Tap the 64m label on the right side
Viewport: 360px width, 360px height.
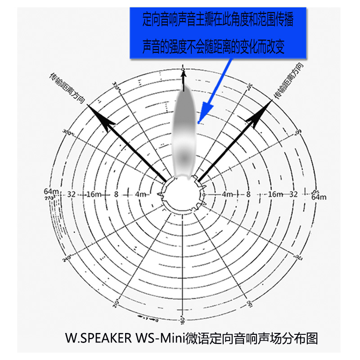(x=318, y=197)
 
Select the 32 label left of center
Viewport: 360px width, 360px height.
(x=71, y=194)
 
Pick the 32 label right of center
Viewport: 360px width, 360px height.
(x=293, y=194)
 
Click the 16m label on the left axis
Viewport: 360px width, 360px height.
(x=92, y=194)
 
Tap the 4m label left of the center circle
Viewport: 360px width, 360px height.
(x=140, y=194)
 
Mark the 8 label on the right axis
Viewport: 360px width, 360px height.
(x=248, y=194)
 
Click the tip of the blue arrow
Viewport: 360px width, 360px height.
(x=199, y=121)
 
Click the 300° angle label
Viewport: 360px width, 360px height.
(x=68, y=133)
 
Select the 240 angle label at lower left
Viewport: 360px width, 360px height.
(x=67, y=258)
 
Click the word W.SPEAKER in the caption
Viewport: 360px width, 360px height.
(x=98, y=337)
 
